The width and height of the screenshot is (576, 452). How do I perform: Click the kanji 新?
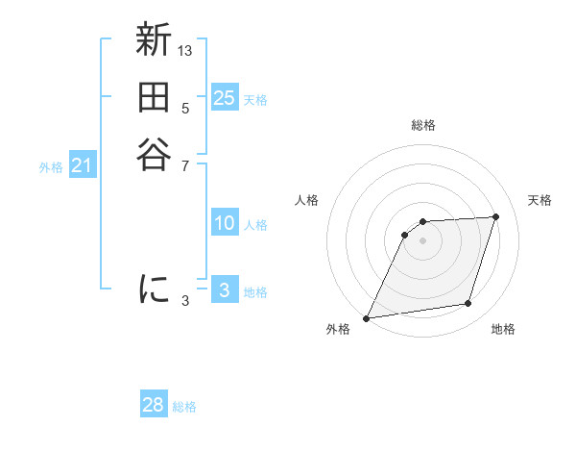point(154,41)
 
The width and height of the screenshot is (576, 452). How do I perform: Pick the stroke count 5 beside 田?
point(185,107)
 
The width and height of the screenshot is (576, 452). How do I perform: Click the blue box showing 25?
point(224,98)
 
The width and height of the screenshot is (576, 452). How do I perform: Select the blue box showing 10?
point(224,223)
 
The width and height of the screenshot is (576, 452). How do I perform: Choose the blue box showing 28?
point(154,405)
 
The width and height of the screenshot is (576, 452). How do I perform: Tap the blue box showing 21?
point(82,165)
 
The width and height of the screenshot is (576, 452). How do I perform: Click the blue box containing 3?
point(224,290)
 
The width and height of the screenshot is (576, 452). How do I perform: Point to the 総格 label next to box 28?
point(184,407)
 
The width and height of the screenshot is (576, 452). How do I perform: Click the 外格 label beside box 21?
point(51,167)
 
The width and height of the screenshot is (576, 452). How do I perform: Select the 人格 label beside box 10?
point(255,225)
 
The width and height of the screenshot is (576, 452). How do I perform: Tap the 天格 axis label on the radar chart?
point(540,200)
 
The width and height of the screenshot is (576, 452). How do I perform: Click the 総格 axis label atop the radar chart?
point(422,125)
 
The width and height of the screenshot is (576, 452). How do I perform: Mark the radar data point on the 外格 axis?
point(367,317)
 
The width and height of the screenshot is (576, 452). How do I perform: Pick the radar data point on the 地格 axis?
point(468,304)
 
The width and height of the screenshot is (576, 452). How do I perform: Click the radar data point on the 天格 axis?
point(496,216)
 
